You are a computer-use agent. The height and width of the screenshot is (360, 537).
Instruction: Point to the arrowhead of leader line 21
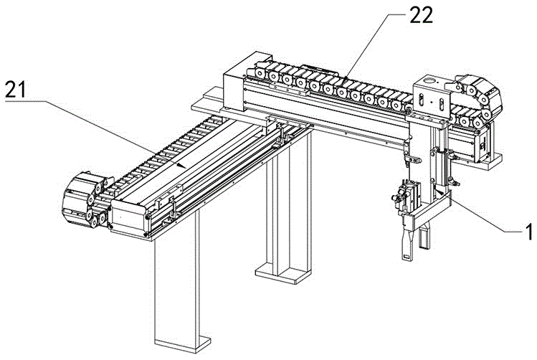point(185,168)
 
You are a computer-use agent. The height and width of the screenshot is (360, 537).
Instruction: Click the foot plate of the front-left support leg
point(177,342)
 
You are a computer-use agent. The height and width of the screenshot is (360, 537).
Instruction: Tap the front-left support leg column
point(176,287)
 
